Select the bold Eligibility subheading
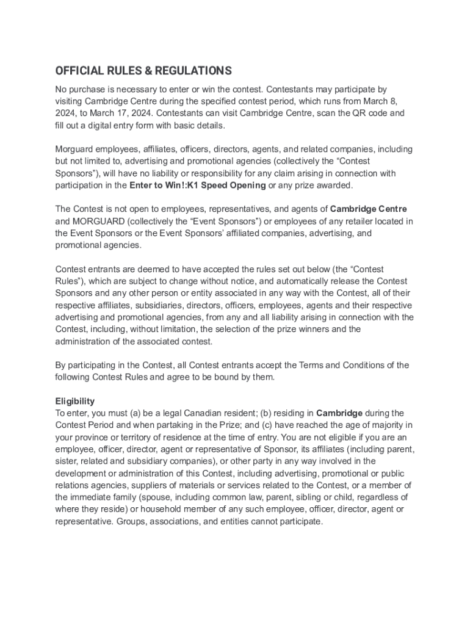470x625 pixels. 75,401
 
